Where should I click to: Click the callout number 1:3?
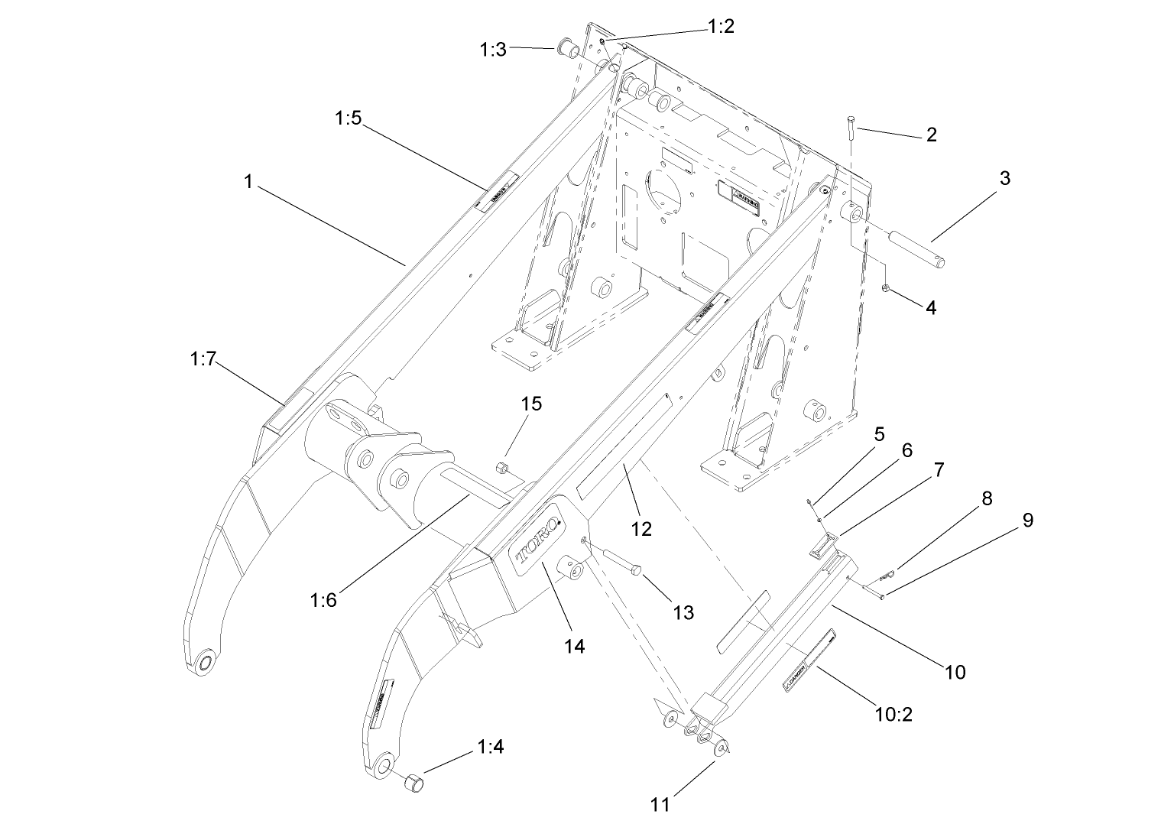[493, 50]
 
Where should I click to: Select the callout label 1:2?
[721, 27]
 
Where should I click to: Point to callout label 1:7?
[203, 358]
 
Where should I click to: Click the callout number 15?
[531, 404]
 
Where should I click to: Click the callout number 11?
[660, 804]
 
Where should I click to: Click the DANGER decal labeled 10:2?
[806, 661]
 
